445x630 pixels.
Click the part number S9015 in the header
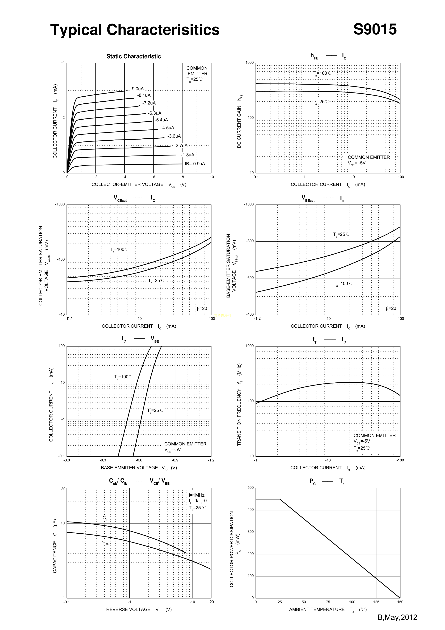click(375, 29)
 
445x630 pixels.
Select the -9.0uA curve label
click(137, 89)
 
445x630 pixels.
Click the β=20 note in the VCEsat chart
click(202, 308)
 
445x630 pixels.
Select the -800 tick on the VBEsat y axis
click(250, 241)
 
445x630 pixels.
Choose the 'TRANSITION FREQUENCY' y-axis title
click(239, 405)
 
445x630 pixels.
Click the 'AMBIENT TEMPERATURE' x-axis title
click(317, 609)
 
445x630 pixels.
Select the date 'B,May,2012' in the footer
click(397, 617)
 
